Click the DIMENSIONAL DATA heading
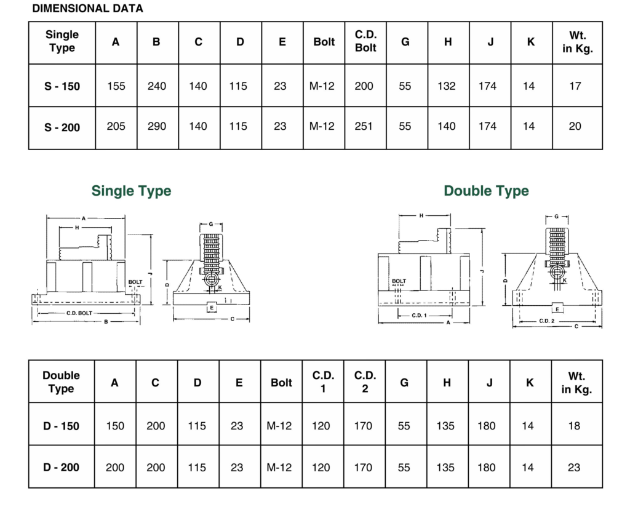87,9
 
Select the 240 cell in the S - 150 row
157,86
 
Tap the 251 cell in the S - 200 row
364,127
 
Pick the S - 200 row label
62,127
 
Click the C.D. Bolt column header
365,41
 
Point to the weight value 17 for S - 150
575,86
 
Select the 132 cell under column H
447,86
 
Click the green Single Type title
131,191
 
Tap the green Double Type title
486,191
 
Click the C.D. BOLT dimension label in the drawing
79,314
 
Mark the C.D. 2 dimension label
546,321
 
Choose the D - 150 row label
62,426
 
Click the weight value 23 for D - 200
574,468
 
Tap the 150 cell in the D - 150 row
115,426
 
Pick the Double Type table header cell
61,382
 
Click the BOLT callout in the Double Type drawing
399,281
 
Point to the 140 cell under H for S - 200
447,127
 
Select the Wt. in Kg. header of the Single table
577,42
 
